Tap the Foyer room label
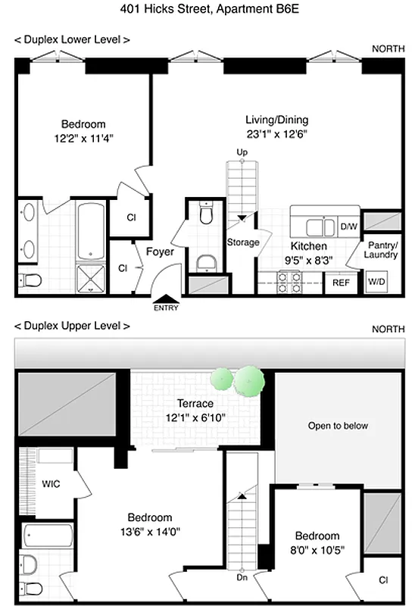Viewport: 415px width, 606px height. (160, 252)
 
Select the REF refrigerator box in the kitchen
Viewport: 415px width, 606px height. (340, 283)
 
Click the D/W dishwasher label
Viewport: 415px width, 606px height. (348, 226)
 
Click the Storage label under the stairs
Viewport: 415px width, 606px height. (243, 242)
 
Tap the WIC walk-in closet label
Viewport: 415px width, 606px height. (51, 483)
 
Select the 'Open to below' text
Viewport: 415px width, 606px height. (338, 426)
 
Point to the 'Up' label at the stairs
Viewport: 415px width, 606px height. (242, 152)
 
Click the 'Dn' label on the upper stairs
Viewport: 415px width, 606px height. (242, 577)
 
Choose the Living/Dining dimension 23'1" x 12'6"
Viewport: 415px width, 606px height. (276, 133)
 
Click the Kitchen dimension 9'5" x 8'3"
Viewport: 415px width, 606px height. (309, 260)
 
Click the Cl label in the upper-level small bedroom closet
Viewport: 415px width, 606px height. (383, 580)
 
